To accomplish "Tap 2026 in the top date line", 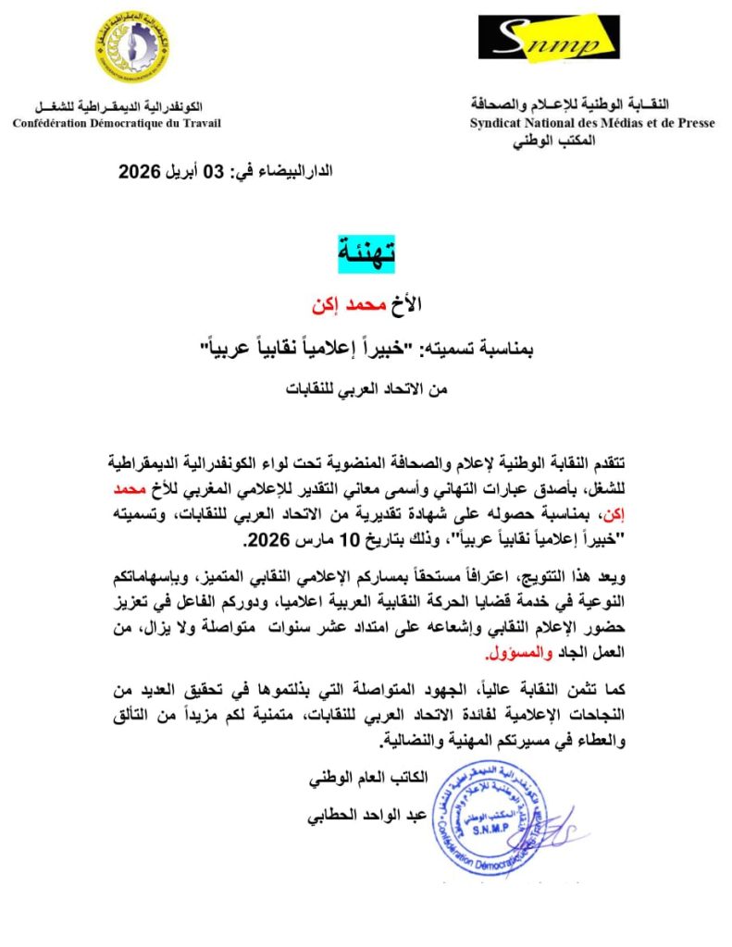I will click(x=142, y=171).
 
